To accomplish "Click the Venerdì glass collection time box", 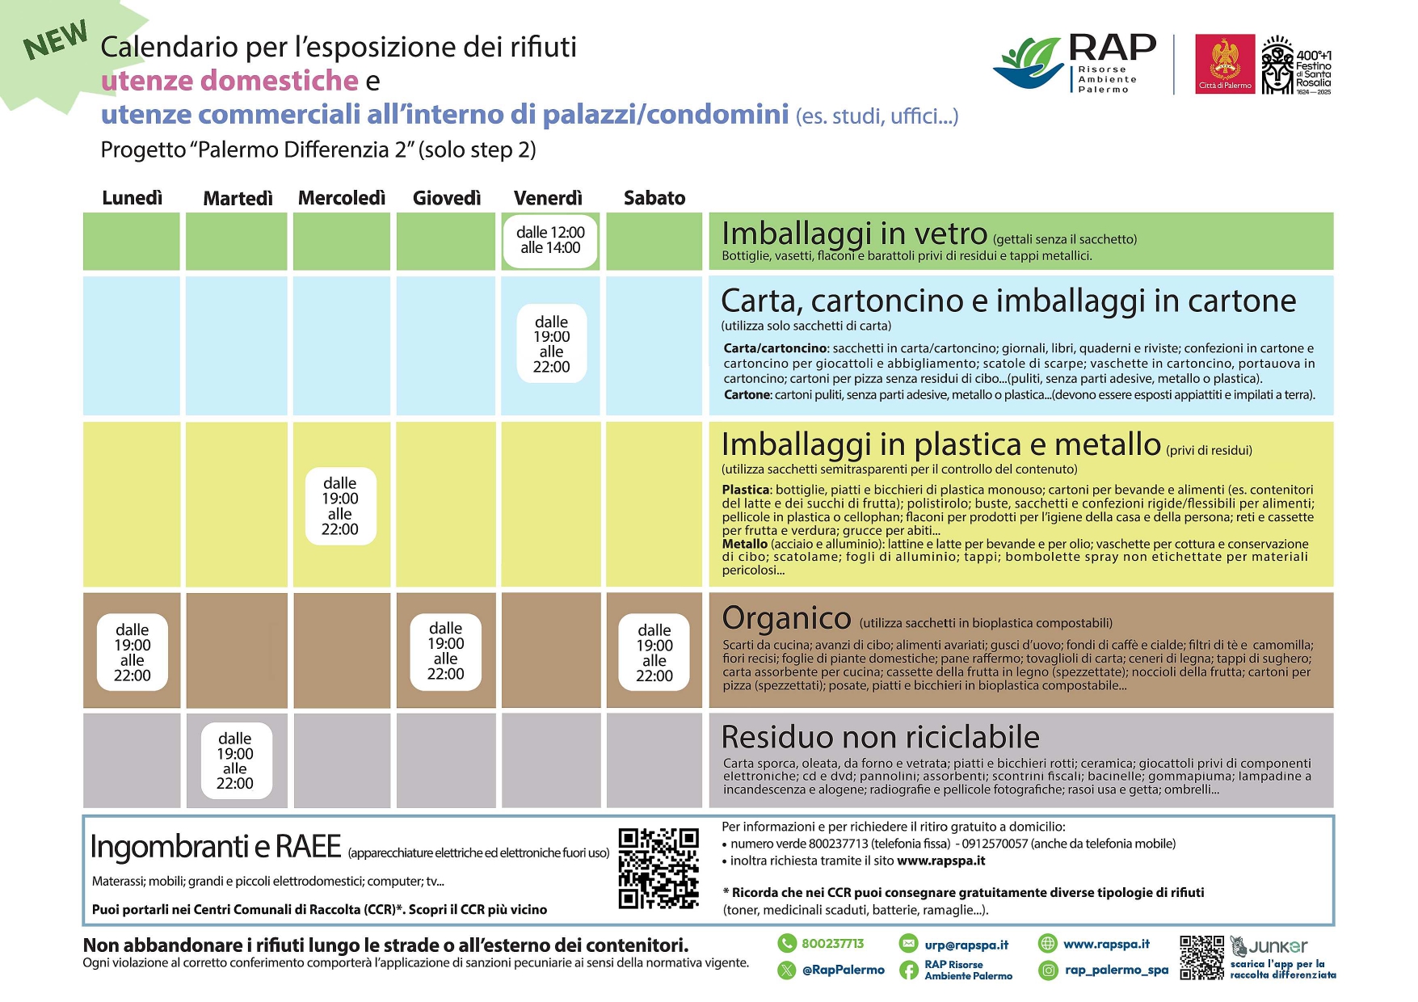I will tap(550, 241).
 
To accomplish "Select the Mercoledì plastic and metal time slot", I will tap(340, 507).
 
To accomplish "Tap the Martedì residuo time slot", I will tap(235, 760).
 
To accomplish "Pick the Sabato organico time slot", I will tap(654, 653).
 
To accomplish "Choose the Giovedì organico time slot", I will tap(446, 651).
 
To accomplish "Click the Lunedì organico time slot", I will tap(133, 653).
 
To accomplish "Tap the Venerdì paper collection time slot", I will tap(551, 344).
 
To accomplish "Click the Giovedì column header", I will tap(447, 198).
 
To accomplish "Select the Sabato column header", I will tap(654, 198).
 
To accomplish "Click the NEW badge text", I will tap(56, 40).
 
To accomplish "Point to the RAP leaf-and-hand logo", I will tap(1029, 63).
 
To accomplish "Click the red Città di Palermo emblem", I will tap(1225, 64).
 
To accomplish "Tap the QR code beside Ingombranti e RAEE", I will tap(659, 869).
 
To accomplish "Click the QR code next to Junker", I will tap(1201, 958).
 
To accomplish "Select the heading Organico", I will tap(786, 618).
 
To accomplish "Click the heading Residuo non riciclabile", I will tap(880, 737).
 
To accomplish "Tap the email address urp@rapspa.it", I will tap(966, 945).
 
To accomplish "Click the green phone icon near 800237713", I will tap(786, 943).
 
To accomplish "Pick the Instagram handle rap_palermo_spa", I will tap(1117, 970).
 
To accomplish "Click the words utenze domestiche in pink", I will tap(229, 81).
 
